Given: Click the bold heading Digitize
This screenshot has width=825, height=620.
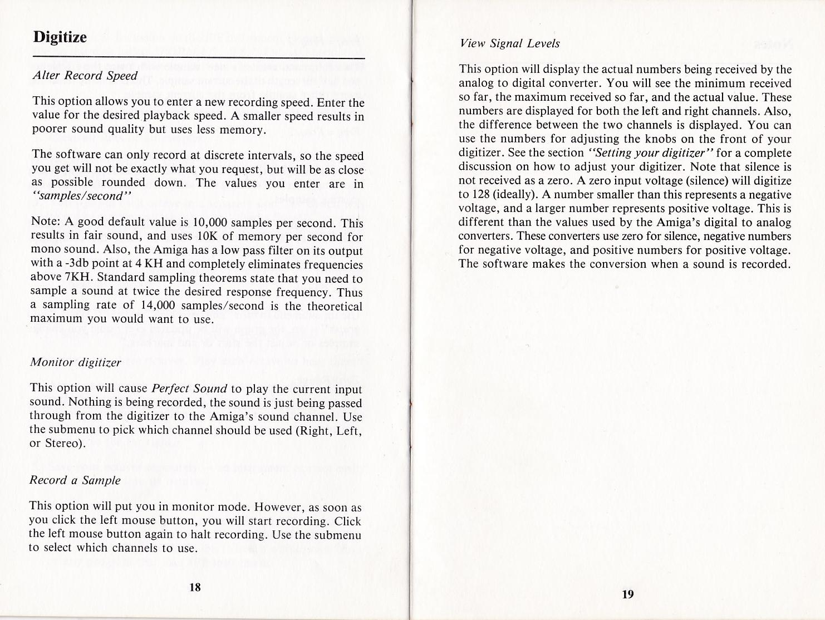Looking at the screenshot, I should point(60,37).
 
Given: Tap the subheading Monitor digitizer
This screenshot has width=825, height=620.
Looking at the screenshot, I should point(75,362).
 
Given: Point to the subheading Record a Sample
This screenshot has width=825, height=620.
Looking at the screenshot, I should point(75,480).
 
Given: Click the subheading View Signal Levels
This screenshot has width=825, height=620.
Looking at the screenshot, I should point(510,43).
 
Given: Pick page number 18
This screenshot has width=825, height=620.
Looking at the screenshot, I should point(195,587).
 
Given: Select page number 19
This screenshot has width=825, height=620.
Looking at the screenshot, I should point(627,594).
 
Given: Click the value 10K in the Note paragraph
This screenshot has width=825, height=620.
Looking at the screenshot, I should point(207,237).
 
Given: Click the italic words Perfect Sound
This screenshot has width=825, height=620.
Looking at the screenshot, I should point(189,388).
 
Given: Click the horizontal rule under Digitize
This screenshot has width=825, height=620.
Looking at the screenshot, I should point(199,58).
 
